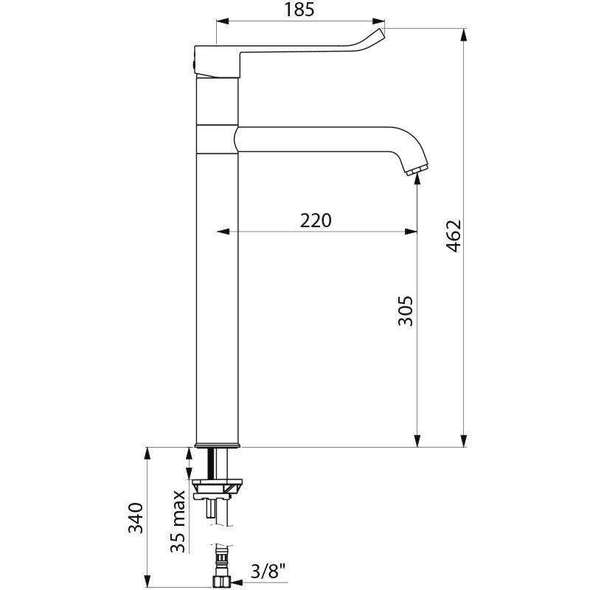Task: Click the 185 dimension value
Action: coord(299,10)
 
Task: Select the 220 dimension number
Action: coord(316,220)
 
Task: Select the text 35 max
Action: coord(178,521)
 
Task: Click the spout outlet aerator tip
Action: coord(416,172)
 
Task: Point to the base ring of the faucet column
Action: coord(218,445)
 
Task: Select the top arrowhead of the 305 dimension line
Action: coord(417,181)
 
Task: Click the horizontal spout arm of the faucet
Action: coord(324,139)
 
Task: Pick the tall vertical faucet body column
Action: coord(218,295)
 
